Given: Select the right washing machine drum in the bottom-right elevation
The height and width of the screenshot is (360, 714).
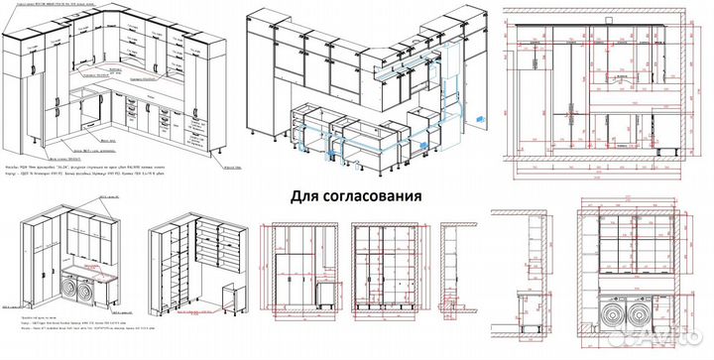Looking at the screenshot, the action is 645,319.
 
